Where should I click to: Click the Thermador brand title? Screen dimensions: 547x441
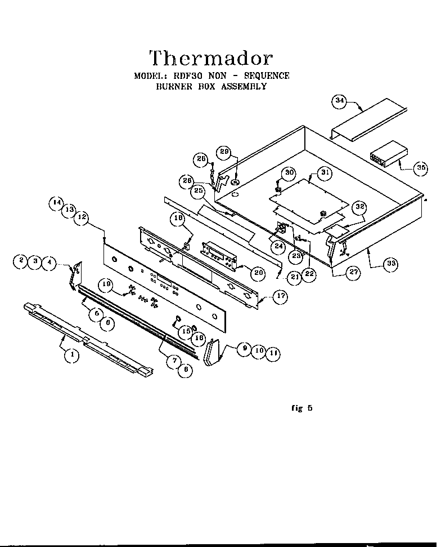click(x=211, y=57)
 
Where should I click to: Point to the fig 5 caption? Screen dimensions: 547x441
click(x=302, y=408)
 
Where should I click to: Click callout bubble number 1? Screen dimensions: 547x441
click(x=72, y=355)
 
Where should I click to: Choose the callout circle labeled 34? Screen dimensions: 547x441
click(x=339, y=102)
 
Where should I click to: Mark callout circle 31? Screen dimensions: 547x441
click(x=323, y=174)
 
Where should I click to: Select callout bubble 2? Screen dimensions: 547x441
click(x=22, y=260)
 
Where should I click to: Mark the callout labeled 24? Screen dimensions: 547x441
click(x=278, y=246)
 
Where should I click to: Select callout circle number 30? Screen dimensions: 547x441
click(x=289, y=172)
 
